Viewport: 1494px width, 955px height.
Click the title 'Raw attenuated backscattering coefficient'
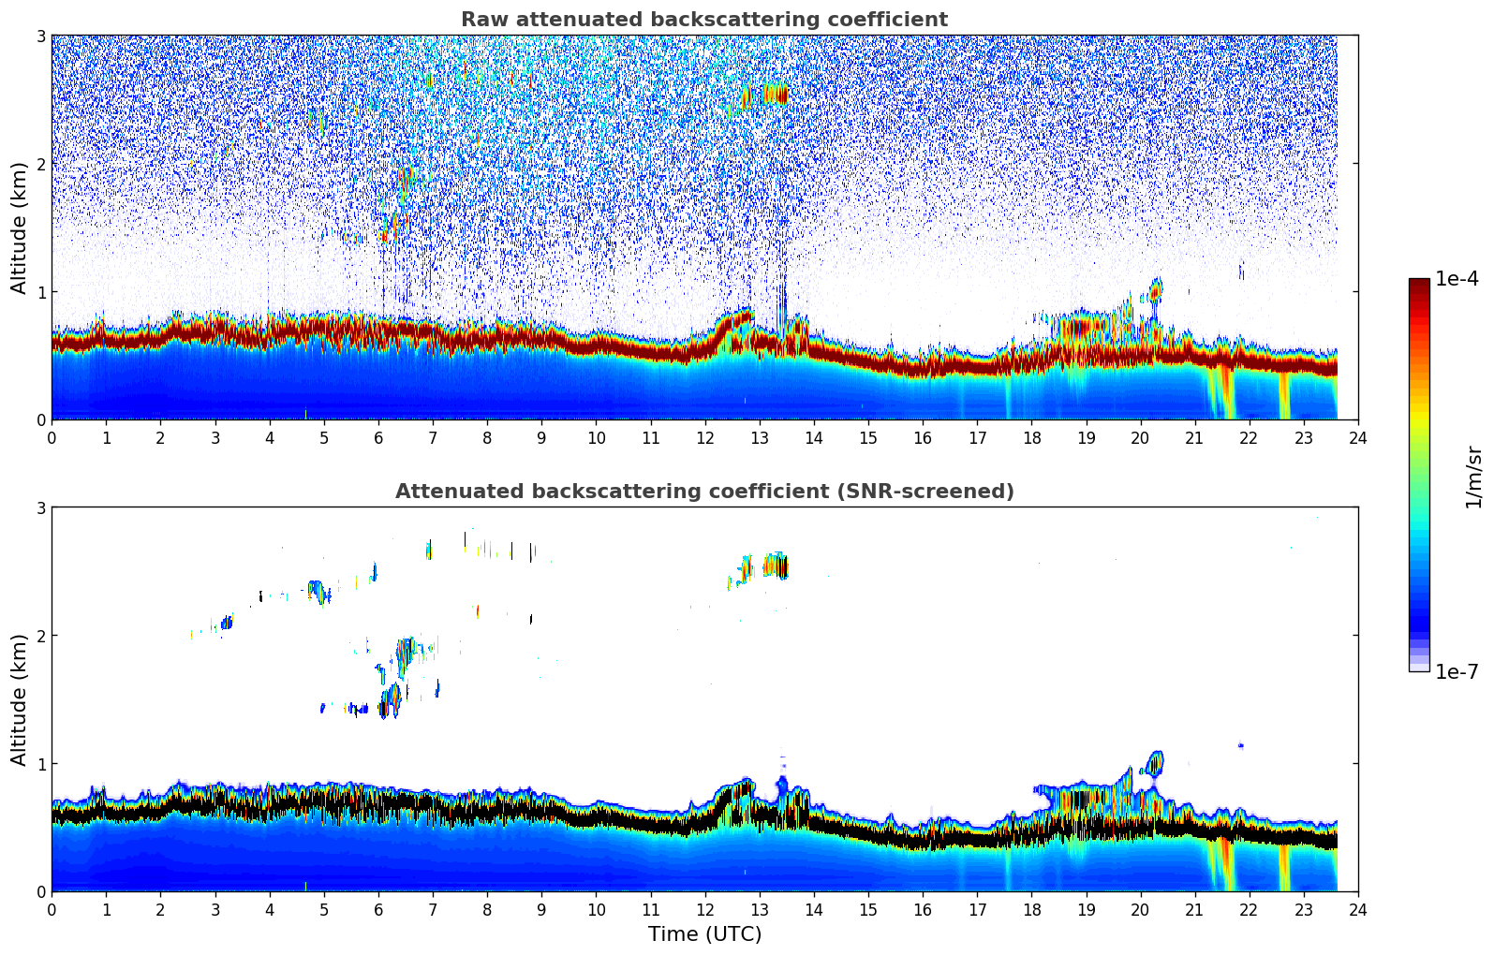click(x=703, y=20)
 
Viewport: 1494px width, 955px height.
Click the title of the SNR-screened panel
click(x=703, y=492)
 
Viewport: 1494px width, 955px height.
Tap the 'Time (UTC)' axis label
click(x=704, y=933)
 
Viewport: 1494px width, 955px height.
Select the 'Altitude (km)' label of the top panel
click(x=19, y=228)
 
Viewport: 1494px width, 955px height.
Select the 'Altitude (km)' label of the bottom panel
click(x=19, y=699)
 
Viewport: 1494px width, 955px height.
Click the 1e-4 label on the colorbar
click(x=1457, y=279)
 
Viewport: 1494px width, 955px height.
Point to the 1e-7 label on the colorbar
click(x=1457, y=671)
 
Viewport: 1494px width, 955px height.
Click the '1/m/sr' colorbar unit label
click(x=1473, y=477)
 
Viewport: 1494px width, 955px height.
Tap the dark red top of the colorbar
click(x=1418, y=284)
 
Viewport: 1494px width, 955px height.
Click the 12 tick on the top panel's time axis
click(x=704, y=437)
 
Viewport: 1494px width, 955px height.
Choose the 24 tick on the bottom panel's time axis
click(x=1357, y=909)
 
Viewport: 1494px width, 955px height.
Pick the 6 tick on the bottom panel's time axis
click(x=378, y=909)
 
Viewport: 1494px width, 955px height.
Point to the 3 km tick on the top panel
click(x=40, y=36)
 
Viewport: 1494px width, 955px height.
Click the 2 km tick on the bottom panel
click(x=40, y=636)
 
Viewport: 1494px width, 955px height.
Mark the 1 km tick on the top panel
click(x=40, y=292)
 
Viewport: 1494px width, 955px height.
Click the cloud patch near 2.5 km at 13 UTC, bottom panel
click(x=774, y=566)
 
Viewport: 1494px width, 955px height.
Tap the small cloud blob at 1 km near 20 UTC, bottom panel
click(x=1155, y=763)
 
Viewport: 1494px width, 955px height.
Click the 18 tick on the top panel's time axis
click(x=1031, y=437)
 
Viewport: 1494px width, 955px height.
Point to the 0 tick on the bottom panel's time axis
click(x=52, y=909)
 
